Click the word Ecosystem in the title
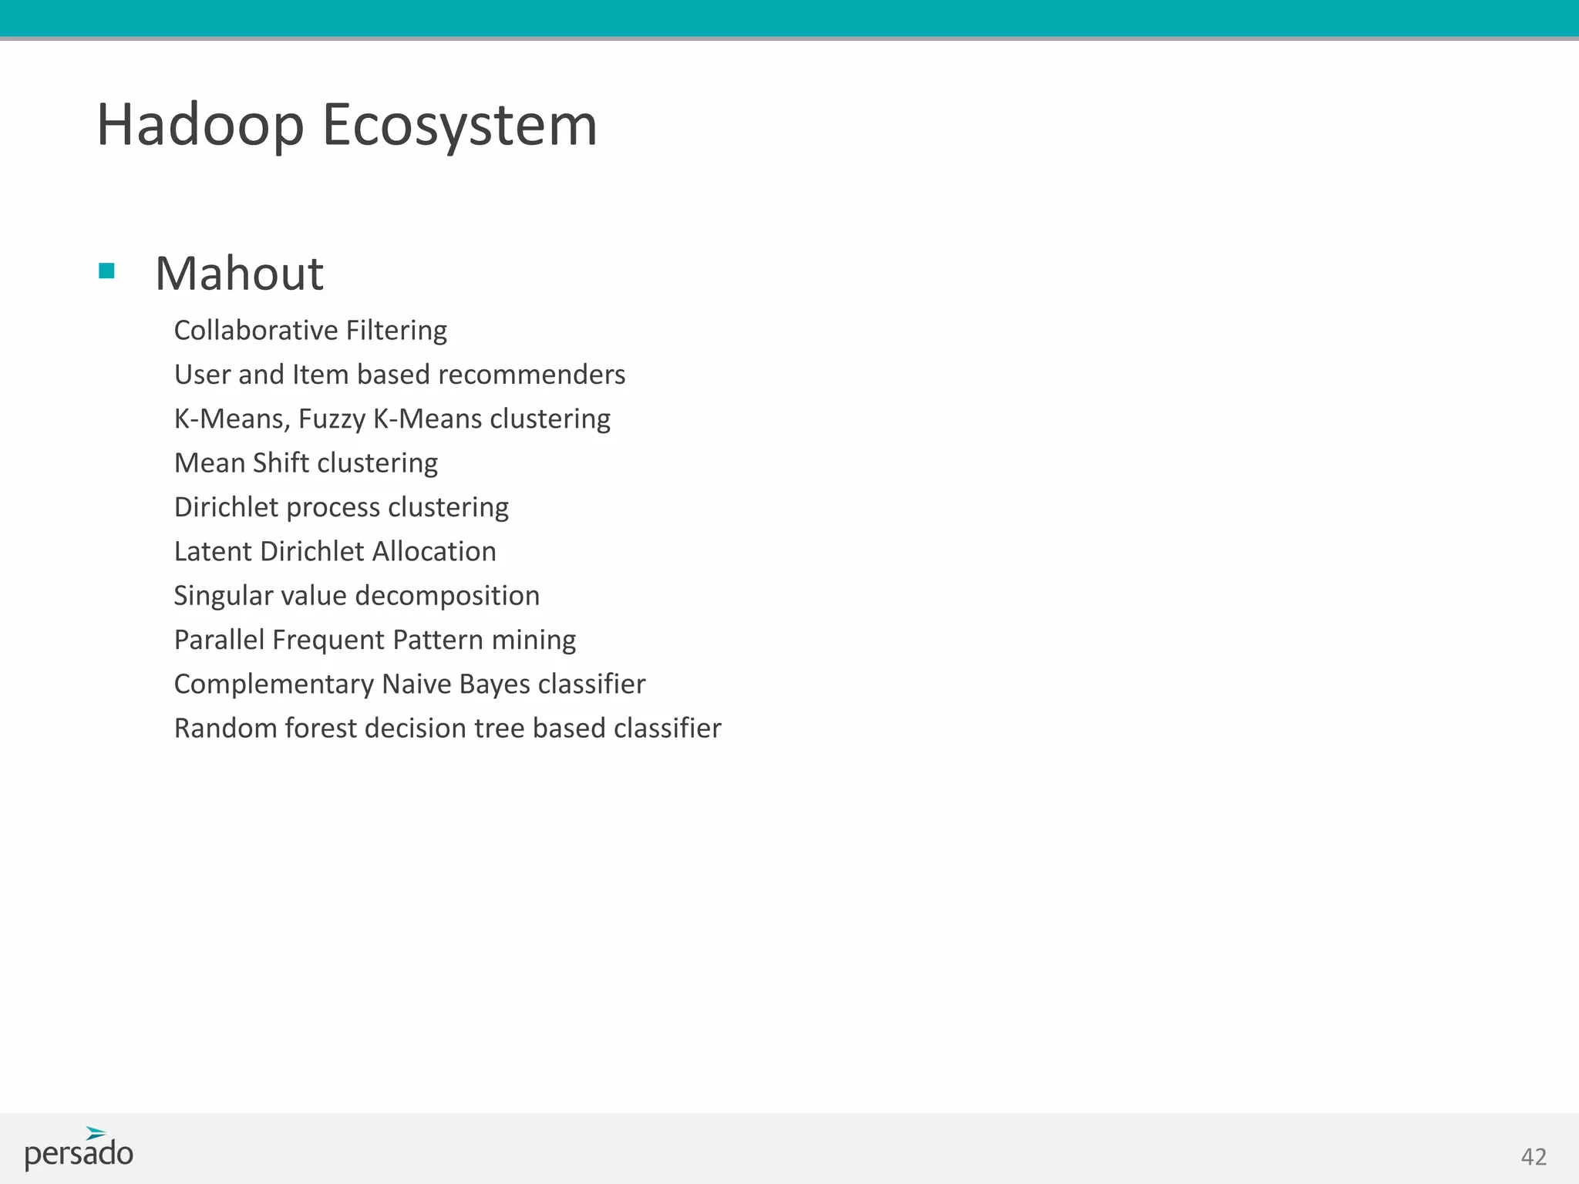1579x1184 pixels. [460, 125]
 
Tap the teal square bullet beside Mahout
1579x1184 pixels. [107, 271]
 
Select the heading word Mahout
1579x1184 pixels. [239, 273]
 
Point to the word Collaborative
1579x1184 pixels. [256, 330]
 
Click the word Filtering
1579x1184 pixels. [396, 330]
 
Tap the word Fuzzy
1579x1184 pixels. [332, 419]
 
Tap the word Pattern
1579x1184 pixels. [438, 640]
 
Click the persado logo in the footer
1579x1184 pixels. [79, 1149]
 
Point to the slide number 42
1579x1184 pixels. [1534, 1156]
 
